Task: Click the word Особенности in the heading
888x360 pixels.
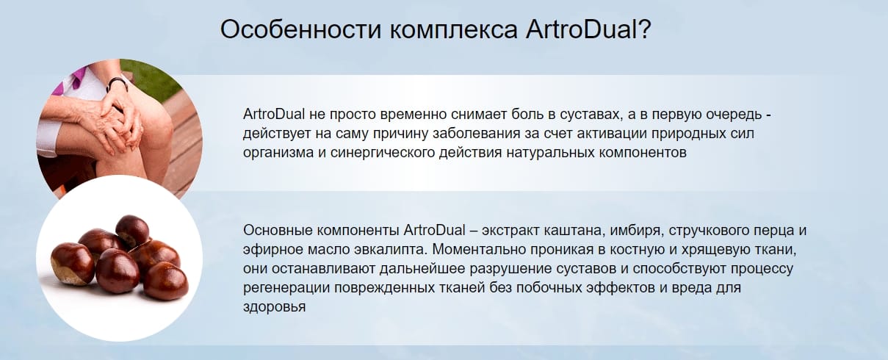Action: tap(300, 29)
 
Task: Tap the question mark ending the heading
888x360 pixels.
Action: tap(644, 29)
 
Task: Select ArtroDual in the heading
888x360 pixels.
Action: tap(581, 29)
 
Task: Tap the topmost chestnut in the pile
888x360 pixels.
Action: tap(132, 230)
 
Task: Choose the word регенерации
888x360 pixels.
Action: tap(286, 288)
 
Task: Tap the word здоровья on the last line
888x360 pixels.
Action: tap(274, 307)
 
